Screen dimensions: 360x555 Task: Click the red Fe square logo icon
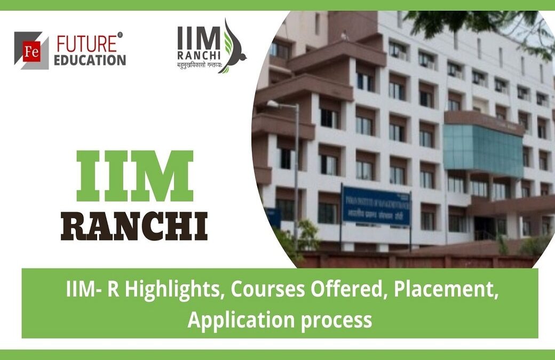(31, 51)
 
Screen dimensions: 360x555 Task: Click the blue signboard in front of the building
(376, 205)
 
